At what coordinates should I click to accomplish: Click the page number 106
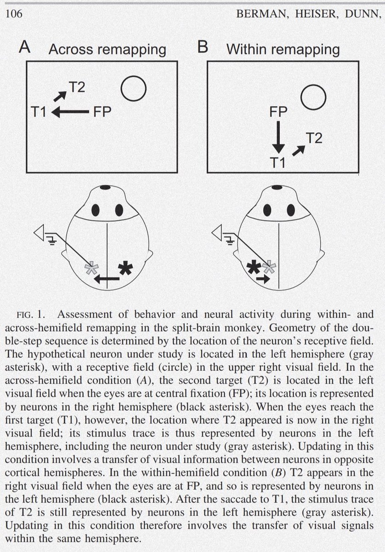pos(14,14)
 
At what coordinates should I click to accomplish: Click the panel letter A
pos(25,47)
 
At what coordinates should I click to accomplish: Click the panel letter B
pos(203,47)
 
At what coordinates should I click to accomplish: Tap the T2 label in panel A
pos(77,87)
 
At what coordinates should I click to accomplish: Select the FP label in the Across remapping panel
pos(102,112)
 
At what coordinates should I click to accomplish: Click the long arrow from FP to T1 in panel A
pos(70,112)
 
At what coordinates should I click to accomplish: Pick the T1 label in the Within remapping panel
pos(277,162)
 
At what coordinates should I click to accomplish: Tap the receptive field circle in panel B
pos(314,86)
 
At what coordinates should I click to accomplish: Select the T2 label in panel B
pos(314,138)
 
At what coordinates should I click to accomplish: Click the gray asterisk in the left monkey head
pos(91,268)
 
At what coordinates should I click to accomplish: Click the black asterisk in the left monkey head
pos(126,269)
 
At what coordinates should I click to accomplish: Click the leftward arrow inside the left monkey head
pos(107,279)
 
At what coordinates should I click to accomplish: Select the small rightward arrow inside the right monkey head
pos(263,279)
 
